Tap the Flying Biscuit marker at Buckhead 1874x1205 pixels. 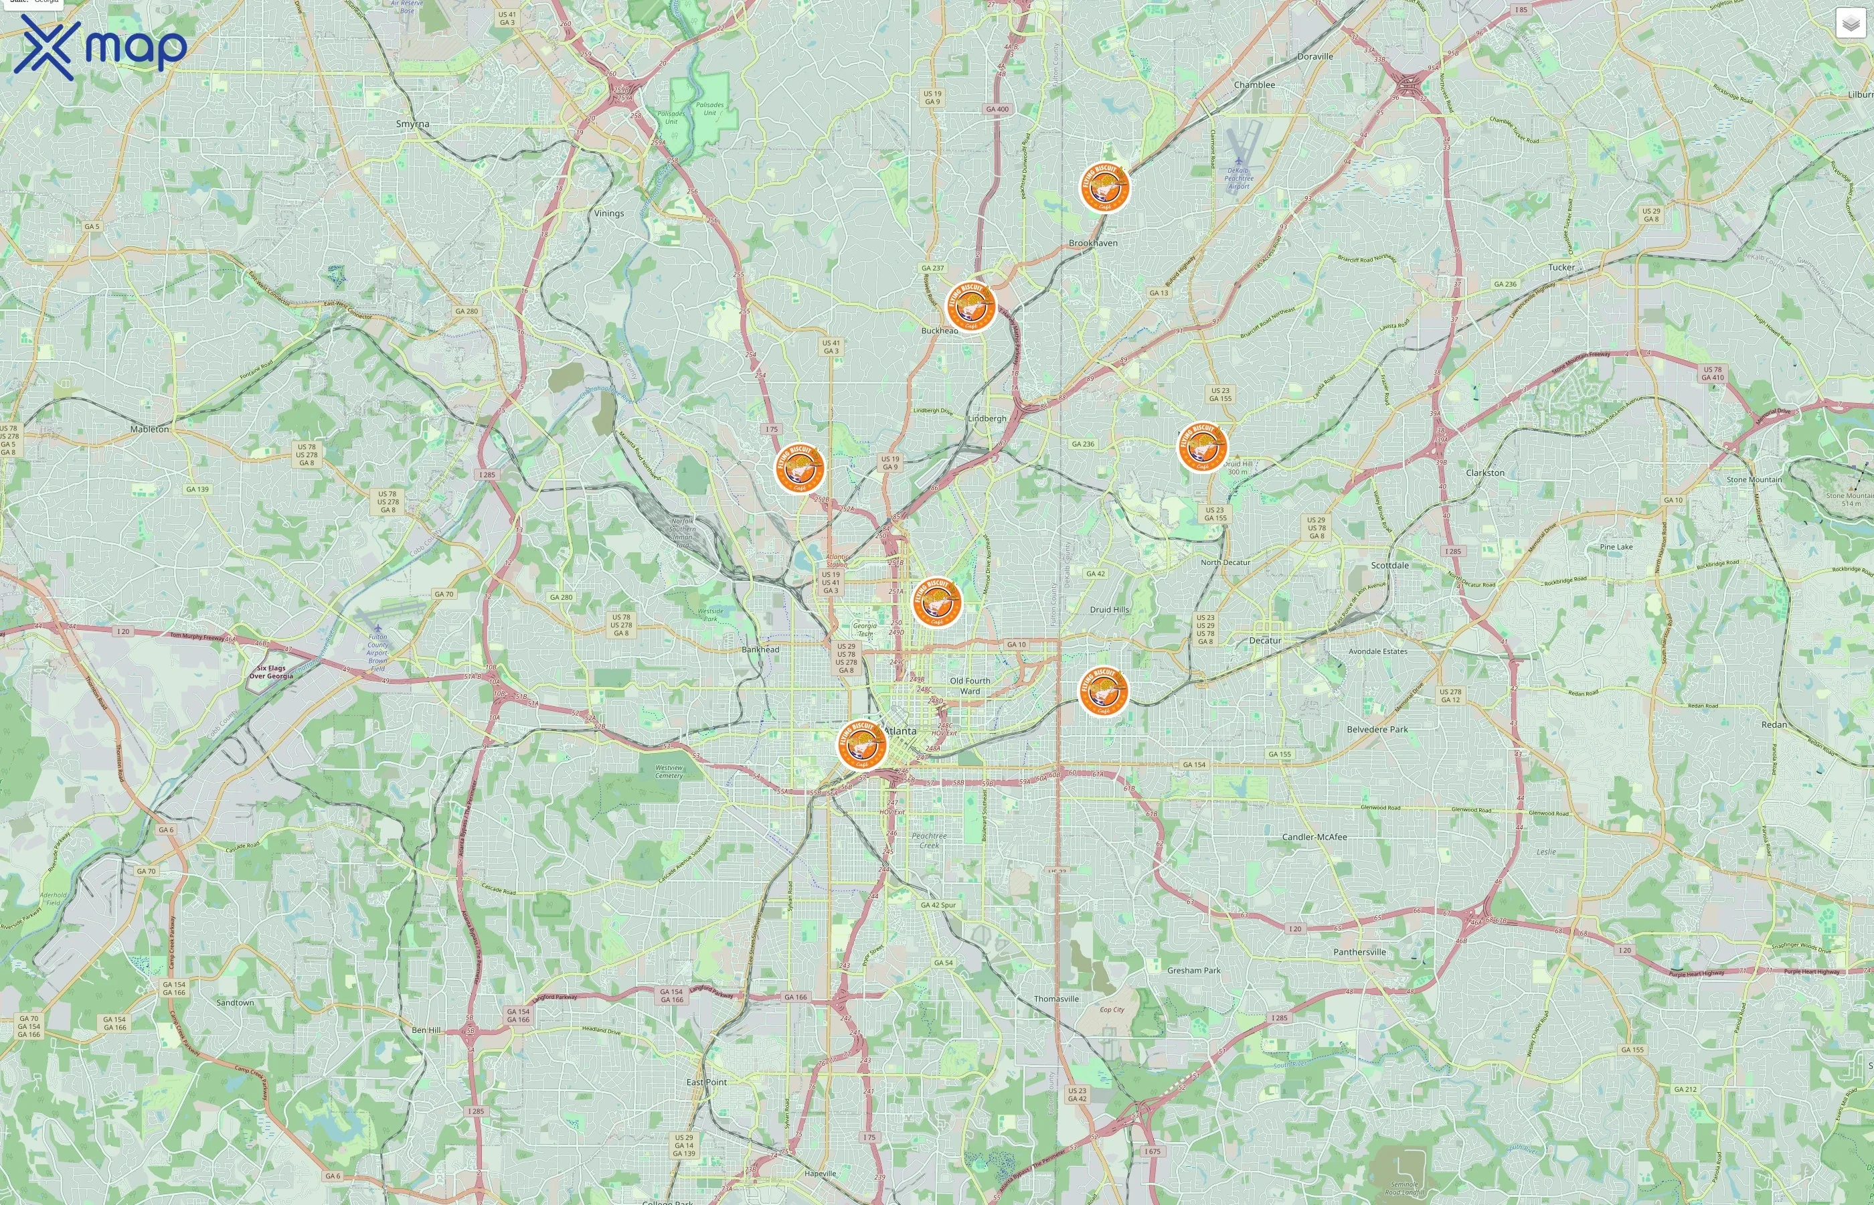pos(970,306)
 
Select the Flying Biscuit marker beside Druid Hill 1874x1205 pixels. pos(1202,447)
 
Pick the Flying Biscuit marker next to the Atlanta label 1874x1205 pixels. pos(861,744)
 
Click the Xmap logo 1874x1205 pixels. pos(100,48)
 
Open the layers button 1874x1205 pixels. pos(1850,23)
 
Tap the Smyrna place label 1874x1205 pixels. pos(412,125)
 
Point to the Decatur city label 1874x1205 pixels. pos(1265,640)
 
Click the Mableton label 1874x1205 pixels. pos(149,429)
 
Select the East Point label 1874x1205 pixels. pos(706,1082)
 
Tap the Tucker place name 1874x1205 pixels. pos(1561,267)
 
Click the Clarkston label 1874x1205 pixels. pos(1484,473)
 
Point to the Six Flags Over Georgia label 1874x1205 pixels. pos(270,672)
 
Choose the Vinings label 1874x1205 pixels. pos(608,213)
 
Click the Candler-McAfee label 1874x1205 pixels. pos(1314,836)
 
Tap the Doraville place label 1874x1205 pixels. pos(1314,56)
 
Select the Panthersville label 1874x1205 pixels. pos(1359,952)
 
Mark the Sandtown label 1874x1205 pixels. pos(235,1002)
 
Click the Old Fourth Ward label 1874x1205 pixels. pos(970,686)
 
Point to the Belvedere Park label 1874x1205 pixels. pos(1377,729)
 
